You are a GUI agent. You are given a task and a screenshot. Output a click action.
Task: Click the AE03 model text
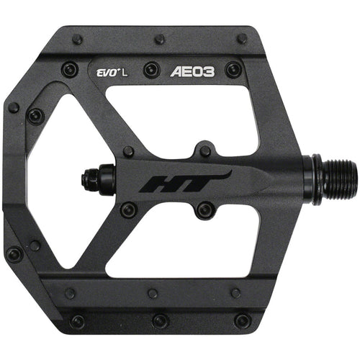(193, 72)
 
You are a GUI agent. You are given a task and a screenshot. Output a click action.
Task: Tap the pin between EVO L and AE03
(151, 70)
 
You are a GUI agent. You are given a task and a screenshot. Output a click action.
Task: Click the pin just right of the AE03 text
(233, 70)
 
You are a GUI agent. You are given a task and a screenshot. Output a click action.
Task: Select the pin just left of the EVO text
(70, 70)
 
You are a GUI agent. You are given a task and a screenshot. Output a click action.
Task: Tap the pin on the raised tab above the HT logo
(206, 151)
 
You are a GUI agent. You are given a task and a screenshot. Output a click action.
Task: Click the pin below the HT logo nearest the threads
(206, 210)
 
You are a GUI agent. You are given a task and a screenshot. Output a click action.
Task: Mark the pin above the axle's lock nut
(128, 152)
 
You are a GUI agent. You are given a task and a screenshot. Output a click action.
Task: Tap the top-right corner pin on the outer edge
(242, 39)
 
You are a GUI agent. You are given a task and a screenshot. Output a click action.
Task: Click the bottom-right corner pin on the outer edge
(243, 320)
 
